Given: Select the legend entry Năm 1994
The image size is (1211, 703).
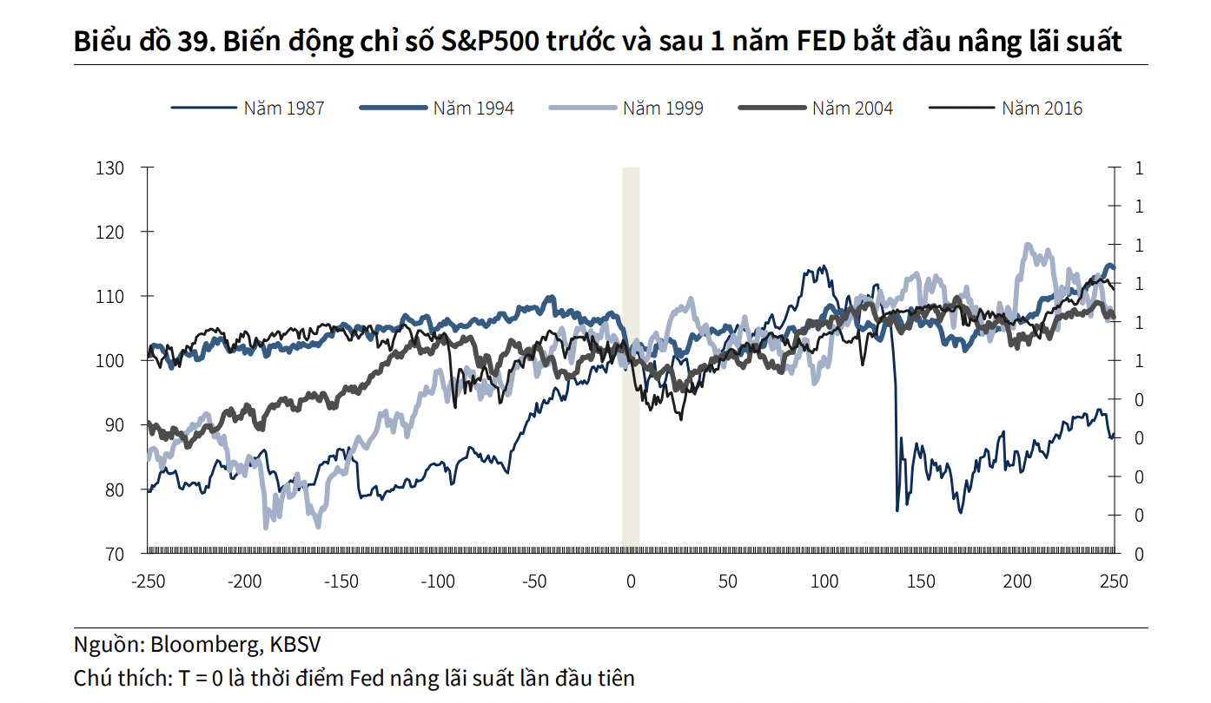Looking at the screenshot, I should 473,108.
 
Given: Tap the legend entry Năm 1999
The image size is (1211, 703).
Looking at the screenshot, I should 663,108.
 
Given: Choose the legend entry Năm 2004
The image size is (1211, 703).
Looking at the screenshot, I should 852,108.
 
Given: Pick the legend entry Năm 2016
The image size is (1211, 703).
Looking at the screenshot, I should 1042,108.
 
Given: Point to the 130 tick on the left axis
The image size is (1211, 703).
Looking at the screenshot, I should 110,168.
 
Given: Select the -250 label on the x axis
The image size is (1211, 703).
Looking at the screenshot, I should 148,581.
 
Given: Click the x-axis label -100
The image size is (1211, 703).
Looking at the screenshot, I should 438,581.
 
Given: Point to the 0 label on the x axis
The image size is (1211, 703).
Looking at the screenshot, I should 632,581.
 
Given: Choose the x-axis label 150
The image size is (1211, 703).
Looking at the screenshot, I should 921,581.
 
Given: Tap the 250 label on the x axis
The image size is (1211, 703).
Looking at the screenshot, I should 1114,581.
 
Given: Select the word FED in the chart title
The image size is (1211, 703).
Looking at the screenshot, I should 821,41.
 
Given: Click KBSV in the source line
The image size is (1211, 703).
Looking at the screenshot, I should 295,645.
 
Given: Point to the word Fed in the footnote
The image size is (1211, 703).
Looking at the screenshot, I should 368,678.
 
